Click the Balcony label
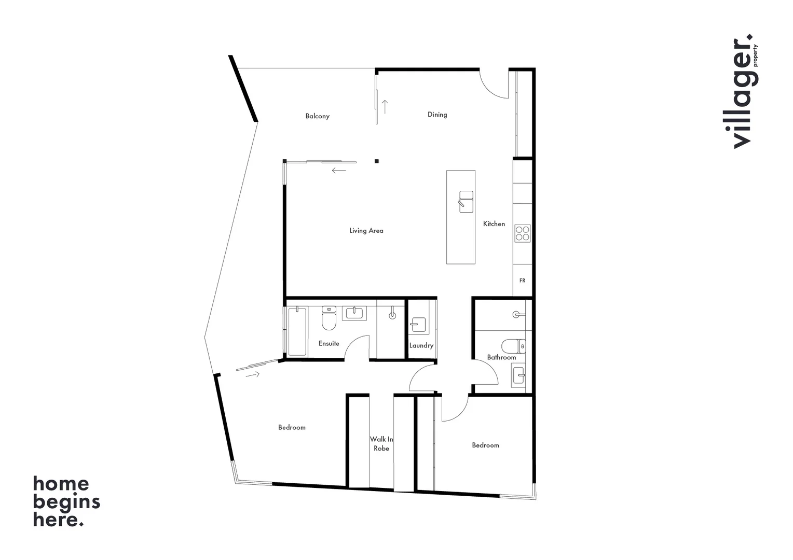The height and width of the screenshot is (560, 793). pyautogui.click(x=317, y=116)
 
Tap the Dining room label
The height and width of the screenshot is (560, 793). pyautogui.click(x=437, y=115)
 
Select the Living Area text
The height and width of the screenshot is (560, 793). pyautogui.click(x=366, y=231)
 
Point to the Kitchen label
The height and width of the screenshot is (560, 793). pyautogui.click(x=494, y=224)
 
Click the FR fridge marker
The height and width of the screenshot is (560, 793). pyautogui.click(x=522, y=281)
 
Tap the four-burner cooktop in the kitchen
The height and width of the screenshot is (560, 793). pyautogui.click(x=522, y=233)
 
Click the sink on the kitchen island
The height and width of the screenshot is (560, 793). pyautogui.click(x=466, y=202)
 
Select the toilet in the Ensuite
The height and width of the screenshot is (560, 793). pyautogui.click(x=329, y=318)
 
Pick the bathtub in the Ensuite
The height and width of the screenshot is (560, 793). pyautogui.click(x=297, y=331)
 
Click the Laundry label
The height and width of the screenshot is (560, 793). pyautogui.click(x=421, y=345)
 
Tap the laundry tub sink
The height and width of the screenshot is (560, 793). pyautogui.click(x=418, y=325)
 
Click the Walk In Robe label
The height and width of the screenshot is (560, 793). pyautogui.click(x=381, y=444)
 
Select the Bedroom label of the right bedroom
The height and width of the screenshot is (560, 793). pyautogui.click(x=485, y=445)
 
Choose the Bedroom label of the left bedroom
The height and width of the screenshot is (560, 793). pyautogui.click(x=292, y=427)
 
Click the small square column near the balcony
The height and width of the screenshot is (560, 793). pyautogui.click(x=377, y=161)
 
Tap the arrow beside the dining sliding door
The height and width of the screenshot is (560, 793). pyautogui.click(x=385, y=107)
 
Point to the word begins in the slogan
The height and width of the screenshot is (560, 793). pyautogui.click(x=66, y=502)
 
